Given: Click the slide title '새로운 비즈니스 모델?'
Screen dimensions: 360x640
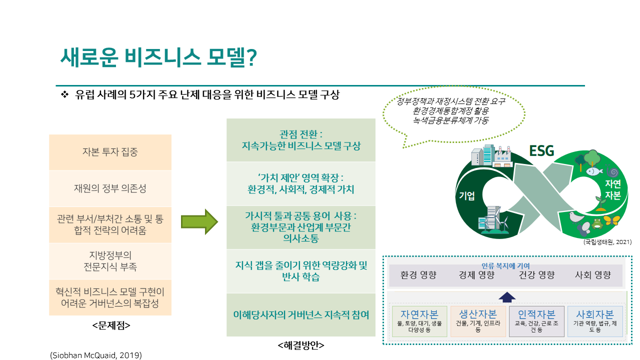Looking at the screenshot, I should click(x=158, y=58).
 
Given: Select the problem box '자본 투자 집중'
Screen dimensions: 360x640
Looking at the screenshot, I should click(x=110, y=152).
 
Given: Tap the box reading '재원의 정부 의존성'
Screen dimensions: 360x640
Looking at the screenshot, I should click(x=110, y=188).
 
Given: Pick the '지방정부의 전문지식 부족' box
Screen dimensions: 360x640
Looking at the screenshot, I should click(x=110, y=261).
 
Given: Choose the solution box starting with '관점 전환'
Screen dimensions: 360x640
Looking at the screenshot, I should click(x=301, y=140).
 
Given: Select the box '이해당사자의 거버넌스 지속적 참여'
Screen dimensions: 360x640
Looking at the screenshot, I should click(x=301, y=315).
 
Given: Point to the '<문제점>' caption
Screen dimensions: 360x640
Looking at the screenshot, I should click(x=111, y=325).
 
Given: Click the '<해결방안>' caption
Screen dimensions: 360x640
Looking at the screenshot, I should click(x=300, y=345).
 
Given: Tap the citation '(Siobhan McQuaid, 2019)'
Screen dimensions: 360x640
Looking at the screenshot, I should click(x=96, y=355).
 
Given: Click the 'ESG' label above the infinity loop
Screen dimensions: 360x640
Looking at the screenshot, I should click(x=541, y=150).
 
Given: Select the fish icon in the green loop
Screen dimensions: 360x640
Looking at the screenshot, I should click(x=592, y=171).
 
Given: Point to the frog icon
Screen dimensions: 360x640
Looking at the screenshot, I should click(x=596, y=223).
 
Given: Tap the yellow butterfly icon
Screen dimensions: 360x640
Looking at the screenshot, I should click(x=614, y=220).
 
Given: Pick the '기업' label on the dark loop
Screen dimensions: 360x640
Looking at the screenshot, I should click(x=467, y=195).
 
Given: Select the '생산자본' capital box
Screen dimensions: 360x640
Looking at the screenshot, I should click(x=478, y=320).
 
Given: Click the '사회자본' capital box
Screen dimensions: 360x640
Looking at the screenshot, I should click(x=595, y=320).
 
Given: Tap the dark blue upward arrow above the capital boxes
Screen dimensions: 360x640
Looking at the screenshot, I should click(x=507, y=297).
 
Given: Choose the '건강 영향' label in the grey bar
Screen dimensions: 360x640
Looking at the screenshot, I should click(x=536, y=275).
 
